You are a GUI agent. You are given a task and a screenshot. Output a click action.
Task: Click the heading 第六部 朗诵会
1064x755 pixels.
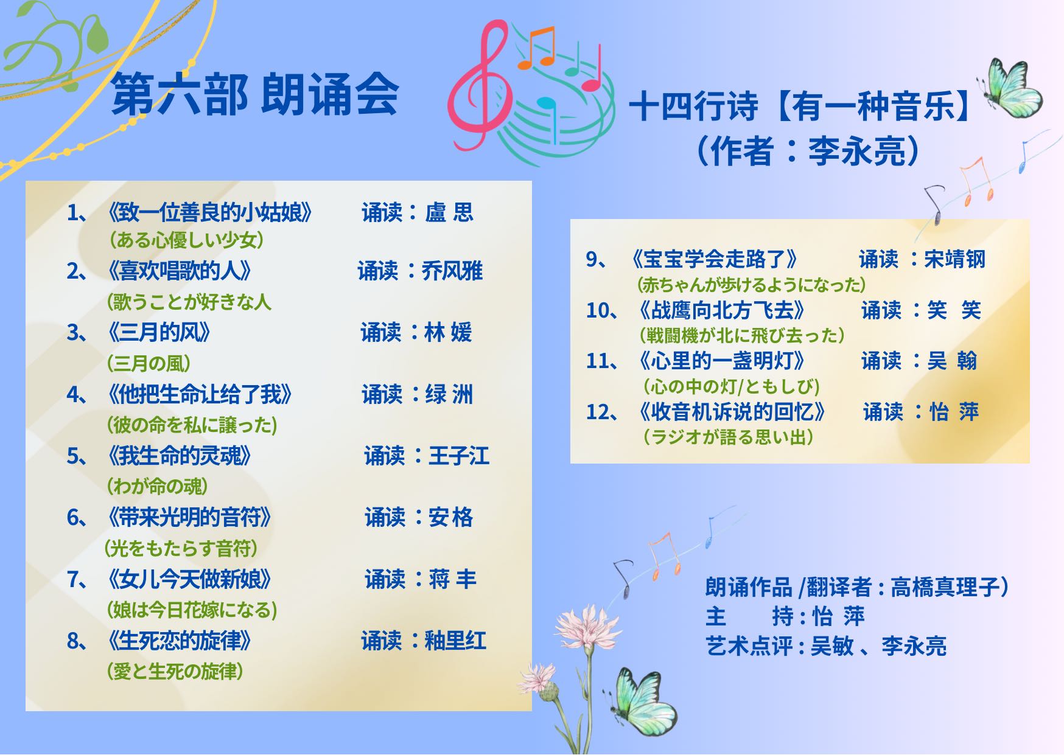256,95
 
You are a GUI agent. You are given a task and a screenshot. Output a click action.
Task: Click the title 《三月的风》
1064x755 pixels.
159,332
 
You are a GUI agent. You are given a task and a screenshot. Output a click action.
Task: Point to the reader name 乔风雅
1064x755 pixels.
452,271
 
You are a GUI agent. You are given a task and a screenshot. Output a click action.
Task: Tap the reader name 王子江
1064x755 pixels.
459,455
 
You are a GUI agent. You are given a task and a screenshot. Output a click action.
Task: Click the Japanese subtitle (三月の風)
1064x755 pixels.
149,363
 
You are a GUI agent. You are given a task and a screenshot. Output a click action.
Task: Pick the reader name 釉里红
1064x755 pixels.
455,640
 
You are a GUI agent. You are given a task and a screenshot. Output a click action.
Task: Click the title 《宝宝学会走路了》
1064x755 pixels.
715,259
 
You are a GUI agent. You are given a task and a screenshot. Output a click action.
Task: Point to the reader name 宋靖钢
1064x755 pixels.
954,259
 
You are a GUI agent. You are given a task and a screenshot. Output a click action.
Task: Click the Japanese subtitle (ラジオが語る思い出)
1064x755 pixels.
729,437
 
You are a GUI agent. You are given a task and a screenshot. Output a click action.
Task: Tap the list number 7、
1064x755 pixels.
78,579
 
